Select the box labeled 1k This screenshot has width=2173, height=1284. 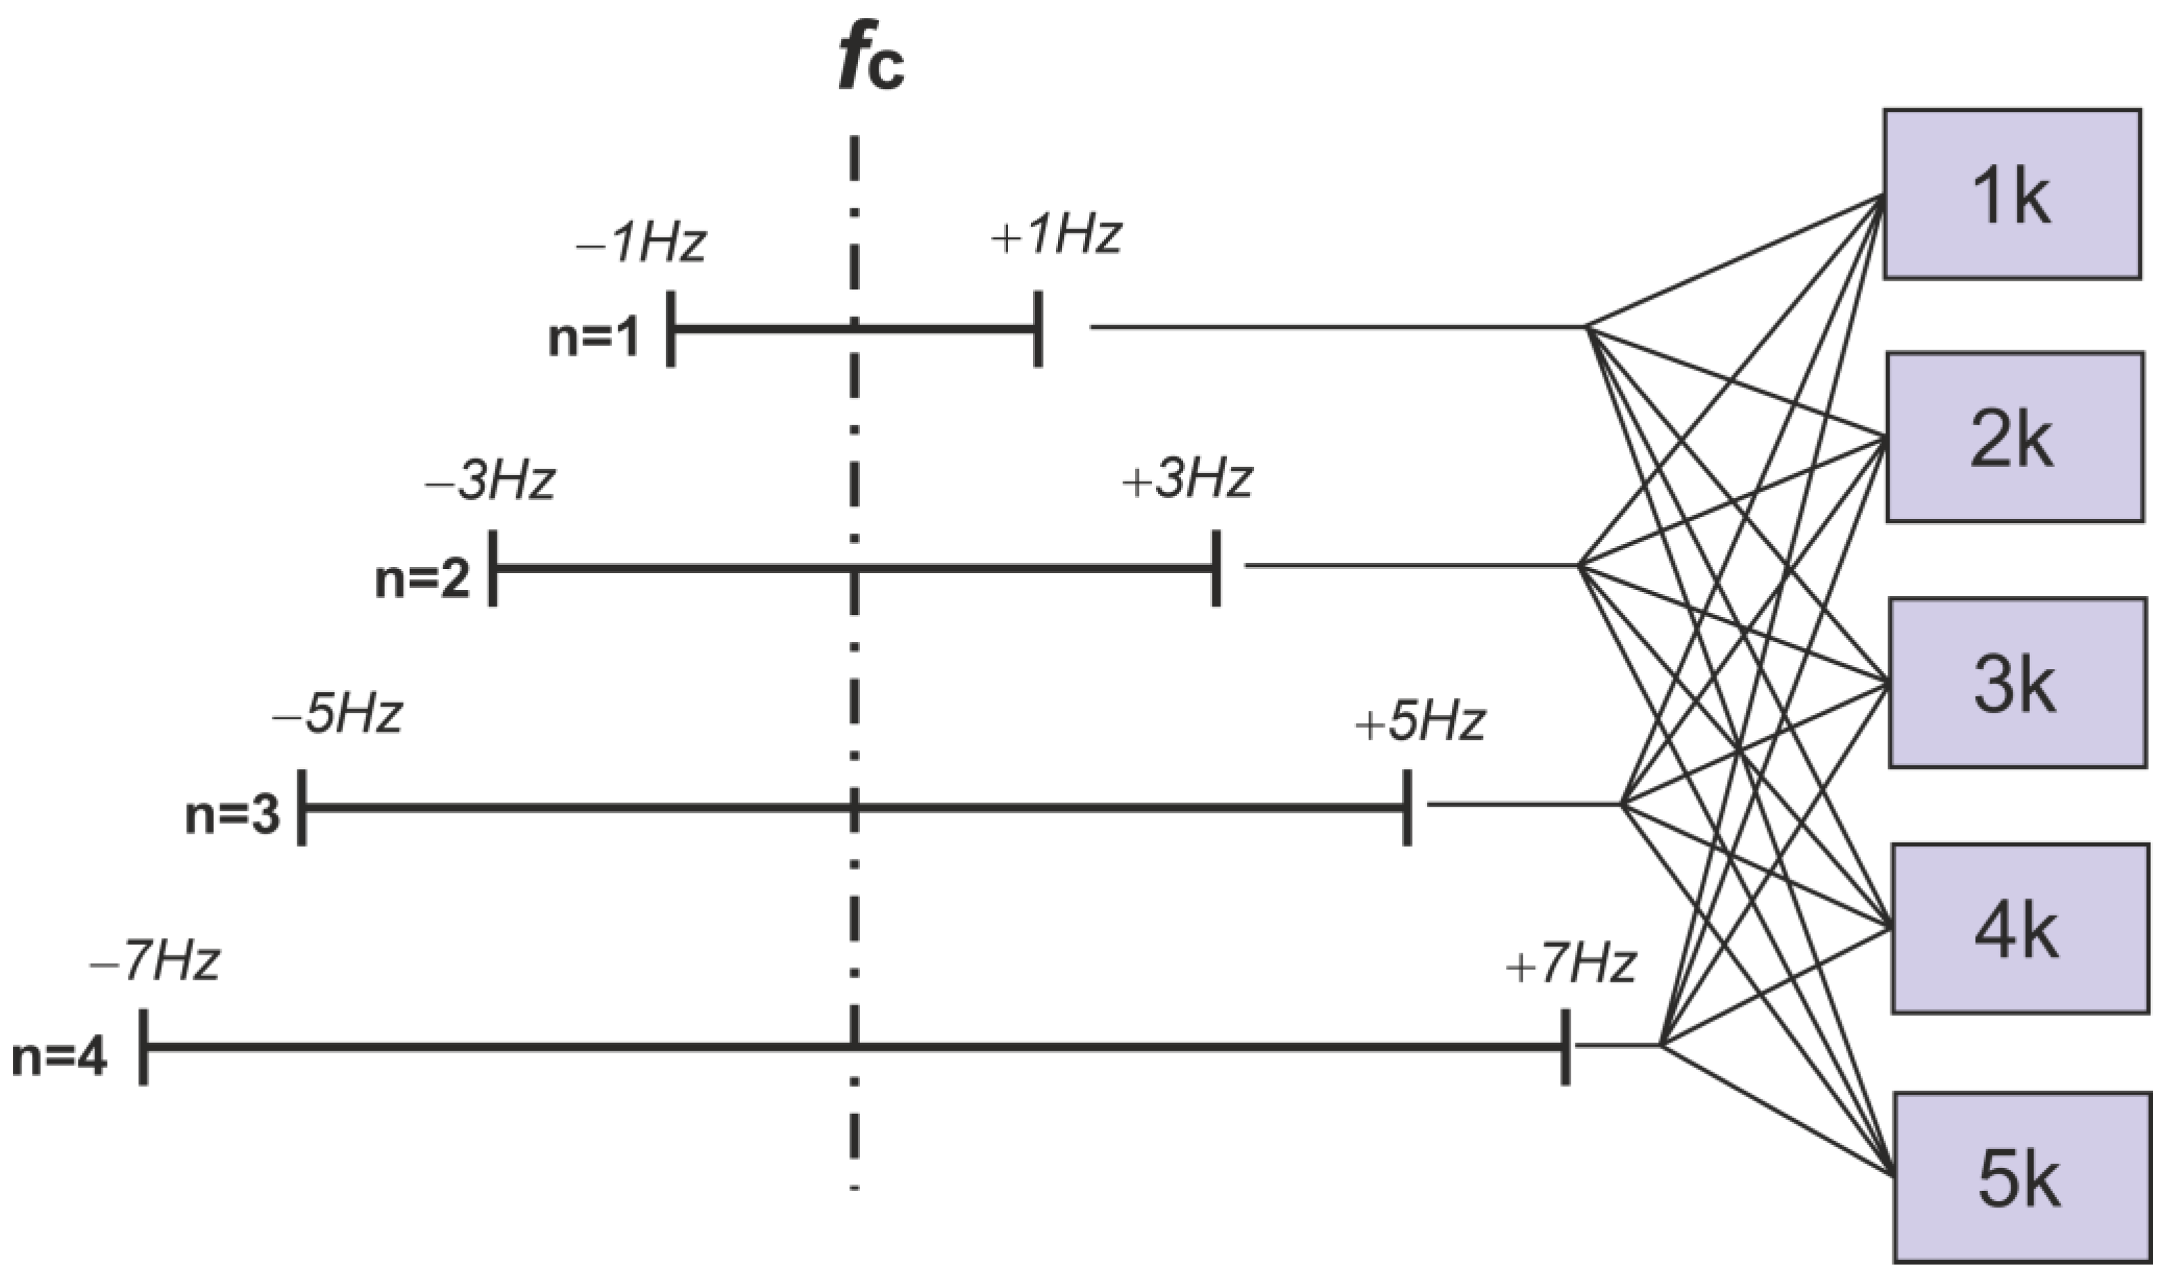[2012, 195]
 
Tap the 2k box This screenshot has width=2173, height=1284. [2014, 437]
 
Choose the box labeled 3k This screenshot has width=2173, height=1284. [2017, 683]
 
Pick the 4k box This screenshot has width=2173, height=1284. [2019, 928]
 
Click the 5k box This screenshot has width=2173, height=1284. [2022, 1178]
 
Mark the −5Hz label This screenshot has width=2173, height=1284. [338, 715]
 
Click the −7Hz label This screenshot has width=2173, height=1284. [155, 962]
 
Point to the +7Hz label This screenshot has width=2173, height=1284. [1571, 964]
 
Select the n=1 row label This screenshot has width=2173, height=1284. [594, 336]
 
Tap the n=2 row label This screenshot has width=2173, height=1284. [422, 578]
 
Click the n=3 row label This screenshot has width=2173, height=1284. [233, 814]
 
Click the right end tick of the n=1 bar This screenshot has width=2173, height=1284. [1038, 329]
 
